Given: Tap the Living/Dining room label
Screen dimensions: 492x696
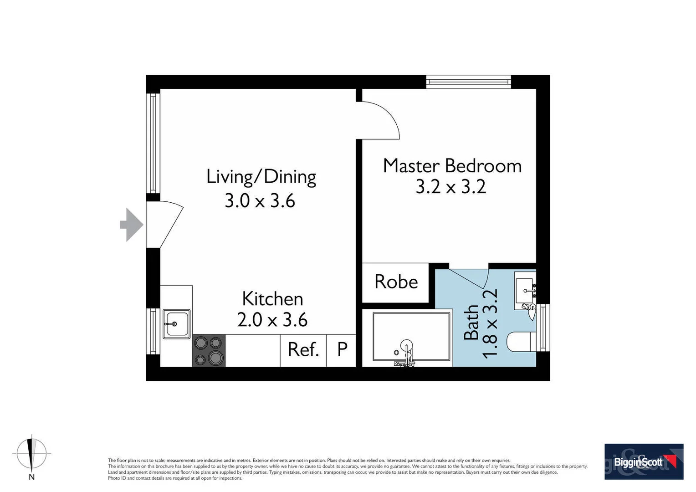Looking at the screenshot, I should coord(261,177).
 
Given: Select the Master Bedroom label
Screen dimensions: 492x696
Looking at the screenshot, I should coord(452,166).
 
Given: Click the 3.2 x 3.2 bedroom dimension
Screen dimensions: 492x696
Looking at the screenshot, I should coord(450,187).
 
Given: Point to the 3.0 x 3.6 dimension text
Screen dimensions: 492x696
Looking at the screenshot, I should coord(260,200).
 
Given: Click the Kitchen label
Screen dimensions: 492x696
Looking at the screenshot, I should coord(272,299).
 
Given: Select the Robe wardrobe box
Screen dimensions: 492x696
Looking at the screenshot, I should coord(395,282).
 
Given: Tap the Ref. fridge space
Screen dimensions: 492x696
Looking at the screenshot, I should coord(303,350).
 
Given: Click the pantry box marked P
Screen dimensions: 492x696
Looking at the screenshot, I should coord(342,350).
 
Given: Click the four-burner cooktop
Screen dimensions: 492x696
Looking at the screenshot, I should coord(209,351).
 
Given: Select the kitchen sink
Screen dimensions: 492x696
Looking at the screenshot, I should coord(176,324).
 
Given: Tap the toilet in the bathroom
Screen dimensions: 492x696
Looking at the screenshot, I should coord(522,342).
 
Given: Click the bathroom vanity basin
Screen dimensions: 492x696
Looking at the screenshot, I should coord(525,290).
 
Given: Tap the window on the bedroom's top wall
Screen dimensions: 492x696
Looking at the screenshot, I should coord(468,82).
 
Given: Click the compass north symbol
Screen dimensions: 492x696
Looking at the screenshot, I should coord(31,454).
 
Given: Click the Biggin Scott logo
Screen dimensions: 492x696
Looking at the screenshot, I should coord(644,461).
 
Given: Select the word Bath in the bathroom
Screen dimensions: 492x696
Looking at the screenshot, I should coord(471,323).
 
